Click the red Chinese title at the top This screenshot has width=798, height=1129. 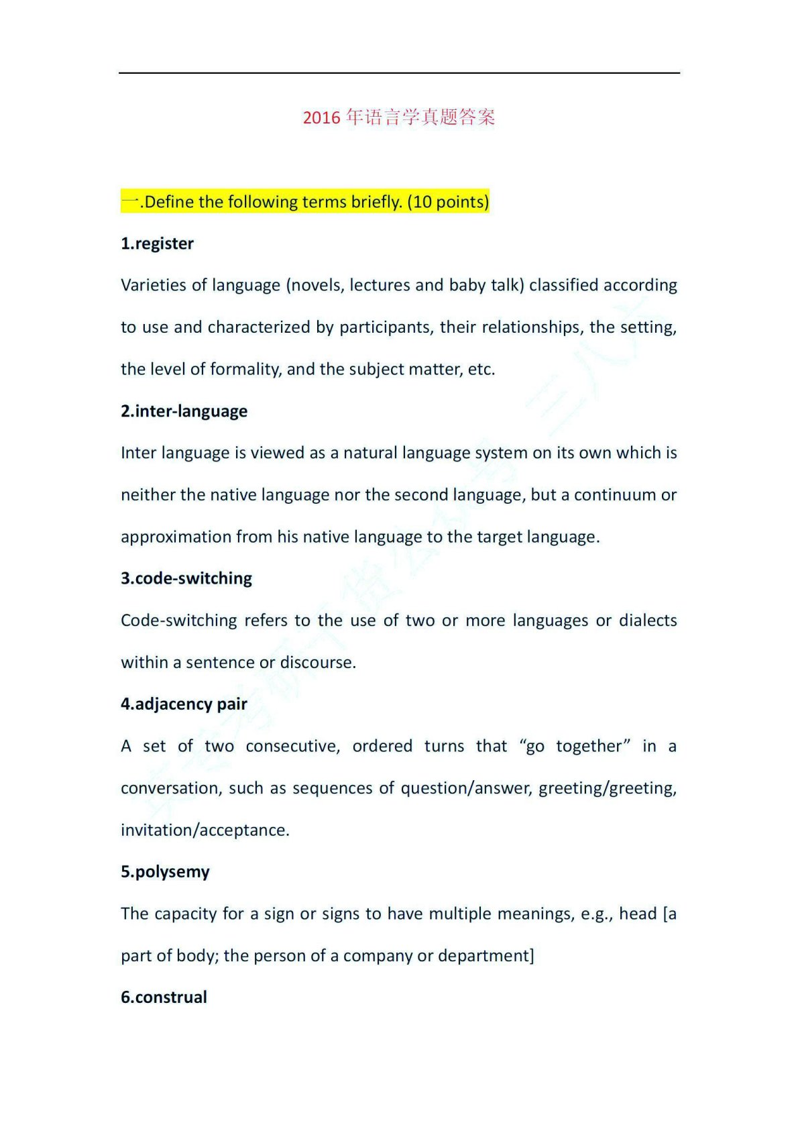399,117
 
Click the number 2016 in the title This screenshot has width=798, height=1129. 322,118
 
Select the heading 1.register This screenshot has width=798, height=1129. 157,244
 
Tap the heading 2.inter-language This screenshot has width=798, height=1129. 184,411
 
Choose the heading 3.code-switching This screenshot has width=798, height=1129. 186,578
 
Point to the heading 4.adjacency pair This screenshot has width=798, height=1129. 184,704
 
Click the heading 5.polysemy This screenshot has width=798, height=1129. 165,871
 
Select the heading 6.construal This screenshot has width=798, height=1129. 164,997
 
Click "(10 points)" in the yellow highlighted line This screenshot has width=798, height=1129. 448,202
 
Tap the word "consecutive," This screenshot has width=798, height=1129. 292,746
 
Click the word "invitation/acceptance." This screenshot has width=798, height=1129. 205,830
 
